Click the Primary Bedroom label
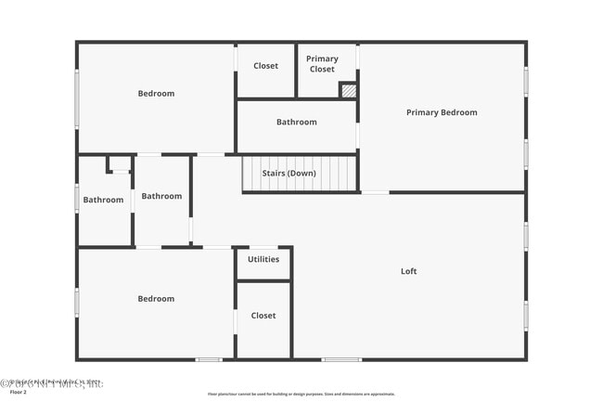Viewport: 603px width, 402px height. [x=442, y=112]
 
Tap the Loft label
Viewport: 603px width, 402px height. [x=408, y=271]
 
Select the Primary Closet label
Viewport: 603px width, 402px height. [x=322, y=63]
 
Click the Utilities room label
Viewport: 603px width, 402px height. [x=263, y=259]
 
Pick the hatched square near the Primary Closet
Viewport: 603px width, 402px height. [x=348, y=91]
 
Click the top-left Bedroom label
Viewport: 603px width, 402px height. [x=156, y=93]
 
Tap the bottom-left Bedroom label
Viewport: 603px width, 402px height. [x=156, y=299]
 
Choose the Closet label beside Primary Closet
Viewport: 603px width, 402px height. [x=265, y=66]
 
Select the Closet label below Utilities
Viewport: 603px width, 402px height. [x=263, y=316]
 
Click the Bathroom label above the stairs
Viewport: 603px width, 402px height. [x=296, y=122]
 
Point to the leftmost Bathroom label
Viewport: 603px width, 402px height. [x=103, y=200]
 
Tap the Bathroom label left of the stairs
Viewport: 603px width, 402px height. [x=161, y=196]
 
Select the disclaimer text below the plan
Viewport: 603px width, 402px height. [x=301, y=394]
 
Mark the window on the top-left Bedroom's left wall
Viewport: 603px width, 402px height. [x=77, y=94]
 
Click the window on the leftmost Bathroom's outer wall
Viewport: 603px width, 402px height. [x=77, y=199]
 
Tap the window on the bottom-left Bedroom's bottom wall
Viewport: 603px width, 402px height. [x=209, y=359]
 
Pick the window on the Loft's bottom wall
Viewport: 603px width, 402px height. [x=341, y=359]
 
